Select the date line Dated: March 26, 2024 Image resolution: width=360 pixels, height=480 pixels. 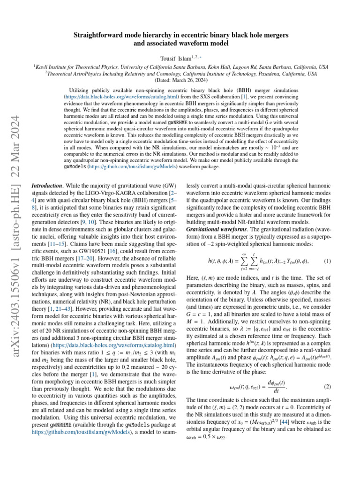[x=180, y=80]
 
